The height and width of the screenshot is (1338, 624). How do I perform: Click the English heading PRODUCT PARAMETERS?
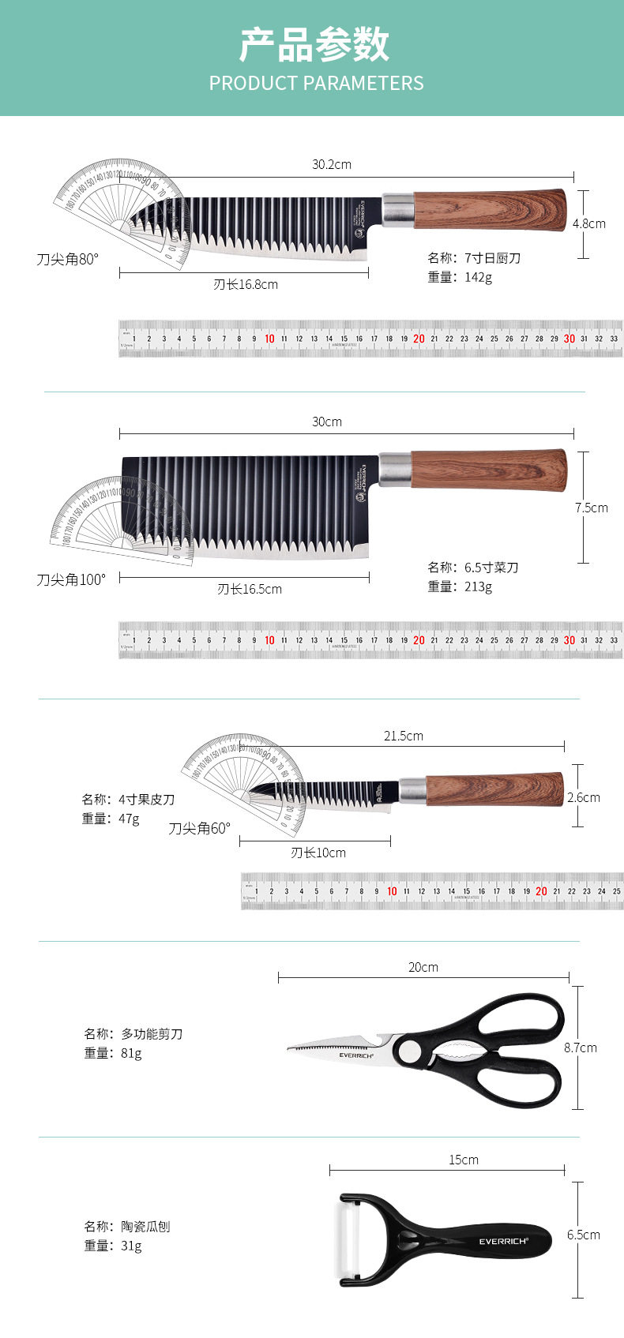coord(316,83)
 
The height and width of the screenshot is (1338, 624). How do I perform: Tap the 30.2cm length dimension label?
coord(331,164)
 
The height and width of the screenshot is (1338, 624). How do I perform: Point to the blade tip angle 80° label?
coord(68,259)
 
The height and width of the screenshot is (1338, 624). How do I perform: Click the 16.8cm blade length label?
coord(245,284)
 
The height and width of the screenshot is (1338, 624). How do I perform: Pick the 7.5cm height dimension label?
coord(592,508)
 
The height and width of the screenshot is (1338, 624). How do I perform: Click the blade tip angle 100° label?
coord(70,579)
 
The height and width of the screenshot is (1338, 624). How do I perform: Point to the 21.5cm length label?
coord(404,736)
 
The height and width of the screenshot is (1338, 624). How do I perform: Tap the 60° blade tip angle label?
coord(199,828)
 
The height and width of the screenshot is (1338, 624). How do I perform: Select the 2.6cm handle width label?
coord(584,797)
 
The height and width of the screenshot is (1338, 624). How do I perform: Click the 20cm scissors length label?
coord(423,967)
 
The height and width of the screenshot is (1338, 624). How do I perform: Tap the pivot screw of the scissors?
coord(410,1051)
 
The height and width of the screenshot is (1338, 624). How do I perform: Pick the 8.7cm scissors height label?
coord(581,1048)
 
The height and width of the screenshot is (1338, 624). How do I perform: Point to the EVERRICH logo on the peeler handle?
coord(503,1241)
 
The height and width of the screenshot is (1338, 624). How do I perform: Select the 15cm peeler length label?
coord(464,1160)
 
